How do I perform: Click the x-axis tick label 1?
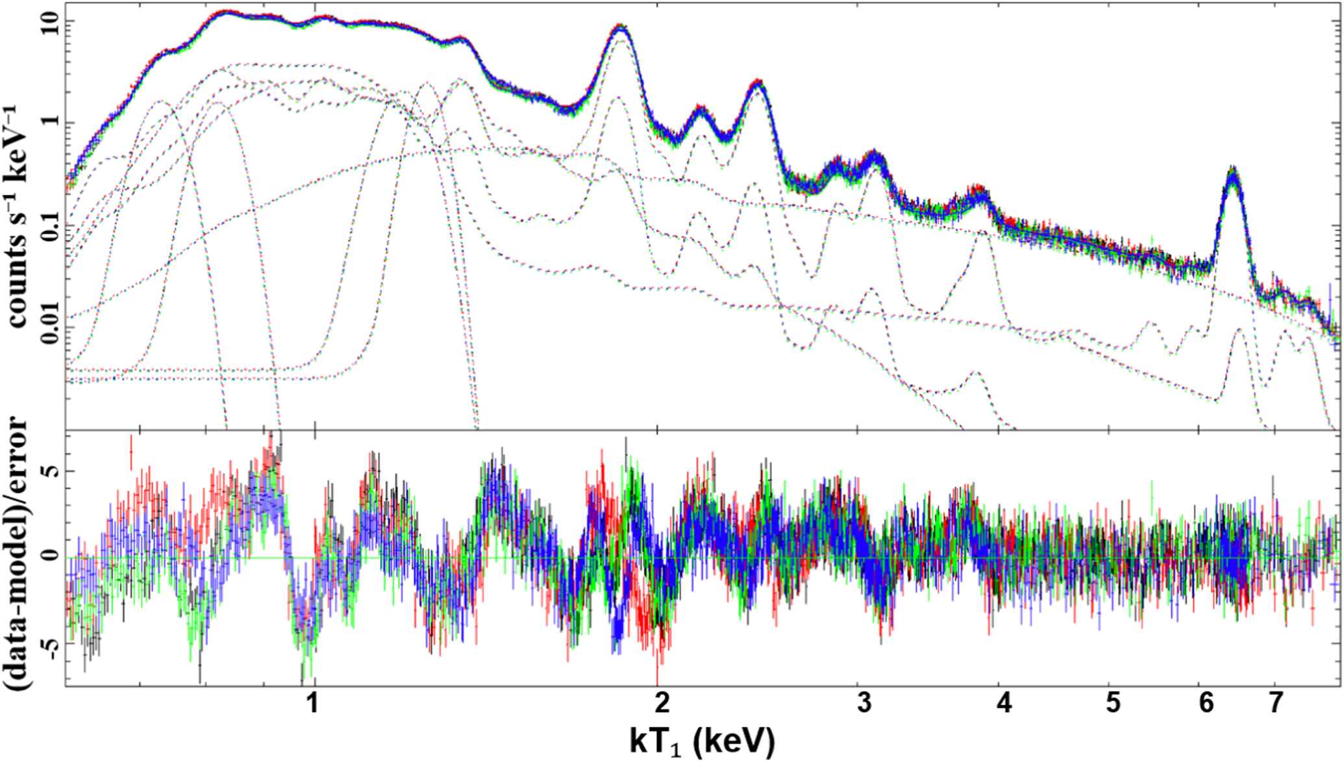coord(313,703)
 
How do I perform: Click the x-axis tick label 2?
coord(661,703)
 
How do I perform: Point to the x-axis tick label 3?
coord(864,703)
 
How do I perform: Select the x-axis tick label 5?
coord(1113,703)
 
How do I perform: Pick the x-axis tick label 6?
coord(1206,703)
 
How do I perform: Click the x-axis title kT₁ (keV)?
coord(702,741)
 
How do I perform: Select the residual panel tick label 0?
coord(54,557)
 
